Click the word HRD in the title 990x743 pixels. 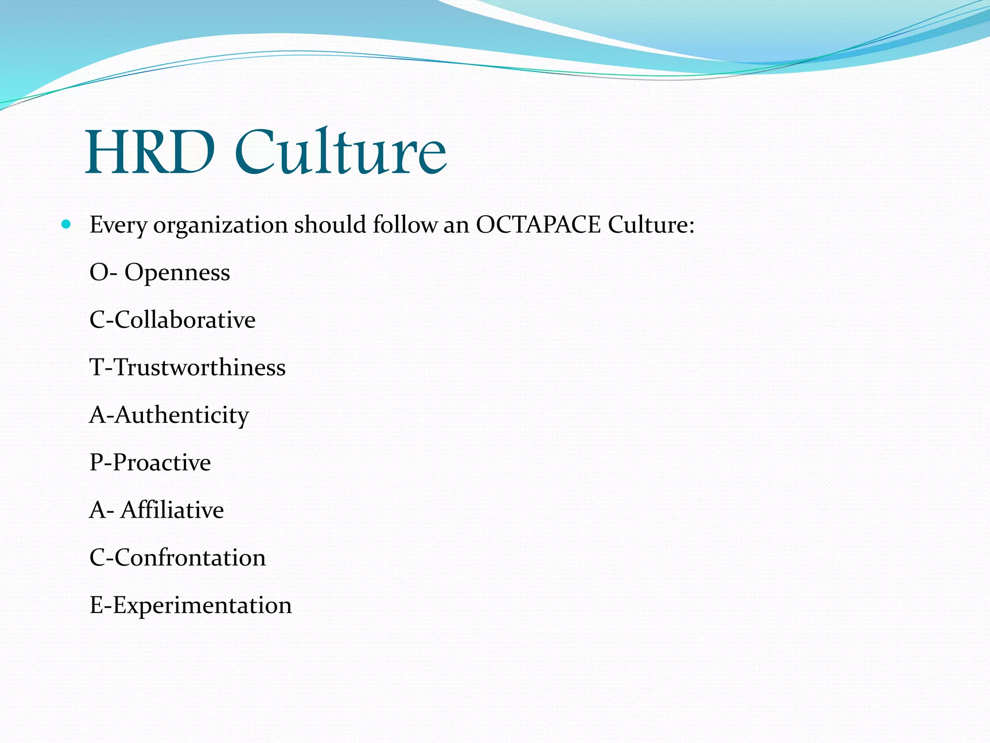tap(150, 152)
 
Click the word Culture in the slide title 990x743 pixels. tap(340, 152)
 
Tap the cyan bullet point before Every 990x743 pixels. tap(67, 224)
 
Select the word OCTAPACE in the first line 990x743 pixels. tap(538, 224)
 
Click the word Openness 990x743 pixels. tap(177, 273)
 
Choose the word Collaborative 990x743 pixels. tap(185, 320)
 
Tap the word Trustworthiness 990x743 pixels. tap(199, 368)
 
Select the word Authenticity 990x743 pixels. tap(182, 416)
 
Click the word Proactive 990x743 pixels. tap(161, 463)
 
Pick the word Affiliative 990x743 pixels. tap(172, 510)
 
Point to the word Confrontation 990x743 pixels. tap(190, 558)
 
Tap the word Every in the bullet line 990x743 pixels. tap(118, 225)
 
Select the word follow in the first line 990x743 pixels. tap(405, 224)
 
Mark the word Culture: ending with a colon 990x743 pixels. tap(651, 224)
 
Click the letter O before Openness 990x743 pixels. tap(98, 273)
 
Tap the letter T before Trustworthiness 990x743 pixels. tap(97, 368)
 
